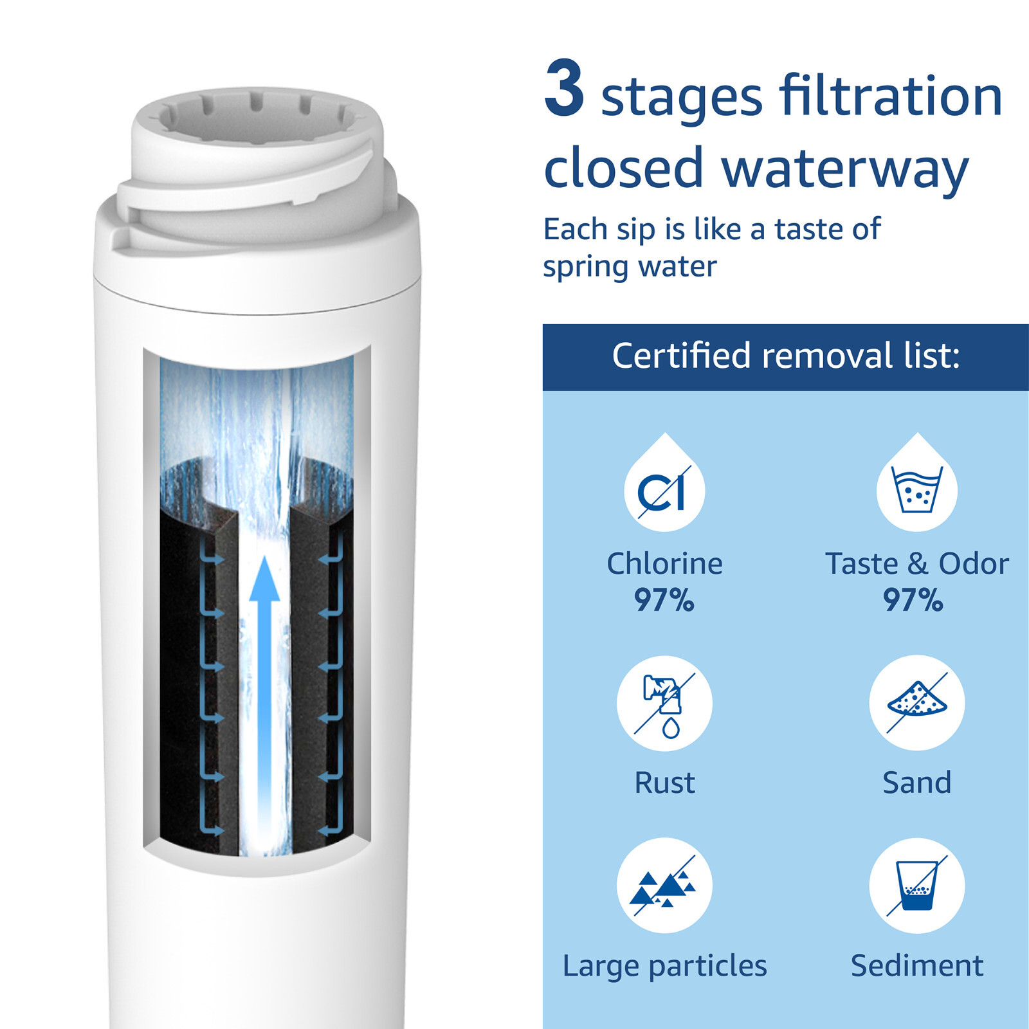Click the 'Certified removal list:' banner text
click(x=785, y=356)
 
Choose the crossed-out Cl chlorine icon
click(x=664, y=491)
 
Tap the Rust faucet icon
click(x=664, y=703)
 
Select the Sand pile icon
click(x=916, y=702)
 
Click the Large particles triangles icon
click(x=664, y=886)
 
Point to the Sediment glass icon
click(x=916, y=886)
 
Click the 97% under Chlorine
click(x=664, y=600)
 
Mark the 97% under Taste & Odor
click(x=913, y=600)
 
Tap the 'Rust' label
click(x=664, y=783)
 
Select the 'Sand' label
click(x=916, y=783)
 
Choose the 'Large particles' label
click(x=664, y=966)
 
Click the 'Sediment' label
click(x=916, y=966)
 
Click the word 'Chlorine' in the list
click(x=664, y=563)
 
